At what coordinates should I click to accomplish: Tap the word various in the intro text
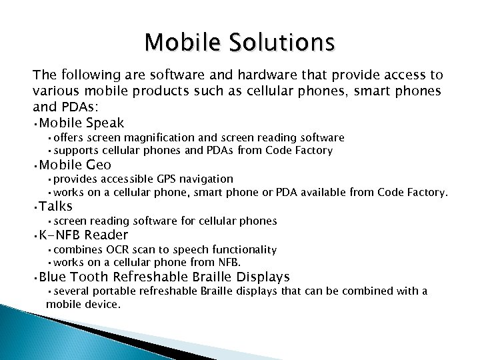[56, 92]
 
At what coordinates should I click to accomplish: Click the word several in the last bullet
[71, 291]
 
